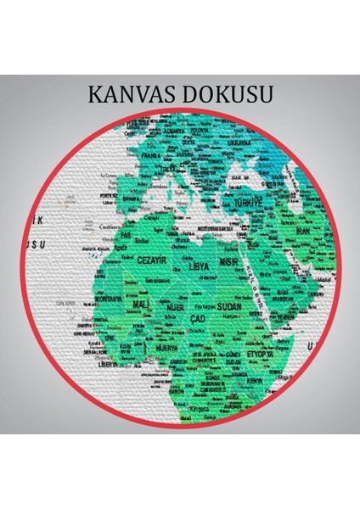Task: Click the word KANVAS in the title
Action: pyautogui.click(x=128, y=94)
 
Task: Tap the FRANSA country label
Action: pyautogui.click(x=151, y=156)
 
